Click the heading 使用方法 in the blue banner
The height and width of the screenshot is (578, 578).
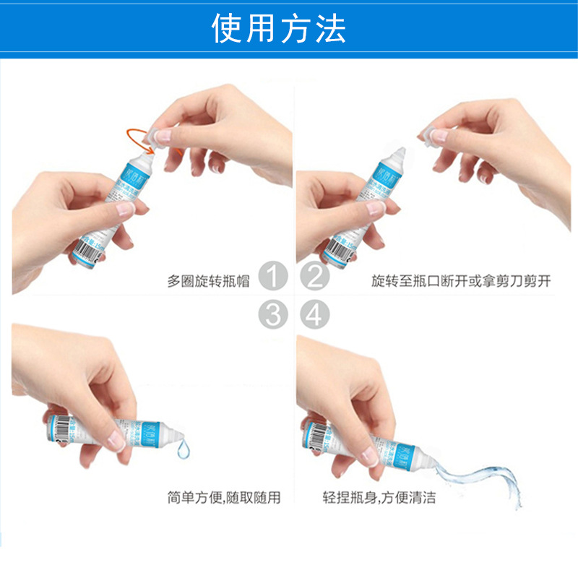pyautogui.click(x=279, y=28)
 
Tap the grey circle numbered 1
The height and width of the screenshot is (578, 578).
pyautogui.click(x=273, y=277)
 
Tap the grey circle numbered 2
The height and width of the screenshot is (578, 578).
pyautogui.click(x=314, y=277)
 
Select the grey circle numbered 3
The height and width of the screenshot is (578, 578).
pyautogui.click(x=273, y=314)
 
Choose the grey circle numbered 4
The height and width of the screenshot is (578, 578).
pyautogui.click(x=314, y=314)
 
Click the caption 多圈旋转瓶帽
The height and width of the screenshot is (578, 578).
pyautogui.click(x=208, y=281)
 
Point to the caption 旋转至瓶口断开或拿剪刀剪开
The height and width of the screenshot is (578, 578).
pyautogui.click(x=460, y=281)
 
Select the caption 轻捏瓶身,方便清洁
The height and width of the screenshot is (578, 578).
pyautogui.click(x=379, y=497)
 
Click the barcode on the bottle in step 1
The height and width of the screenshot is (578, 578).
pyautogui.click(x=85, y=254)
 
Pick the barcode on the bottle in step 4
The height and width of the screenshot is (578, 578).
pyautogui.click(x=316, y=434)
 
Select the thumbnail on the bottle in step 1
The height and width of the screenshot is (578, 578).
pyautogui.click(x=124, y=210)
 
